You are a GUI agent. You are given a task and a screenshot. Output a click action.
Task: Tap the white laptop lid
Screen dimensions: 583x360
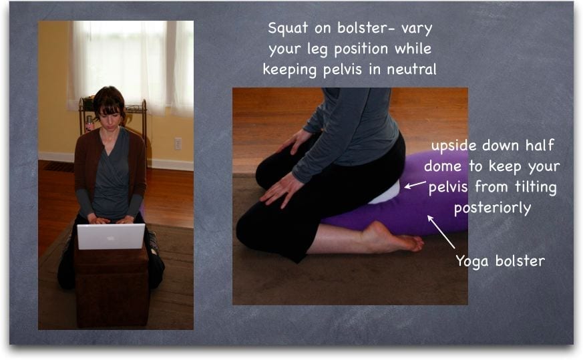(111, 236)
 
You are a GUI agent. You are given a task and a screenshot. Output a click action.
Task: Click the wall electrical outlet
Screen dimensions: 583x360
(178, 144)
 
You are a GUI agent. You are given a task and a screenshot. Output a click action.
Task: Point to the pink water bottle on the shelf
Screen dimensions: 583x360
(89, 124)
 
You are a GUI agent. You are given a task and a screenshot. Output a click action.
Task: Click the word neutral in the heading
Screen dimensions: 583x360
(411, 69)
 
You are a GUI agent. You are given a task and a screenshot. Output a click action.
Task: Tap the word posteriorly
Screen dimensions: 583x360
(493, 208)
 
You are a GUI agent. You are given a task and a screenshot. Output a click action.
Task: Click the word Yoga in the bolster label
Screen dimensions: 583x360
(472, 261)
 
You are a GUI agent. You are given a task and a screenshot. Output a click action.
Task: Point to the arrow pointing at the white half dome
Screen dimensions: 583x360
(415, 184)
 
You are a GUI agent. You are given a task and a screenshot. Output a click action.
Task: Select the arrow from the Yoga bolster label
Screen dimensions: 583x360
(441, 232)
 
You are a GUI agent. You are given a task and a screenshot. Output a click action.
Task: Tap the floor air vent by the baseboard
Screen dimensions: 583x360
(59, 166)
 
